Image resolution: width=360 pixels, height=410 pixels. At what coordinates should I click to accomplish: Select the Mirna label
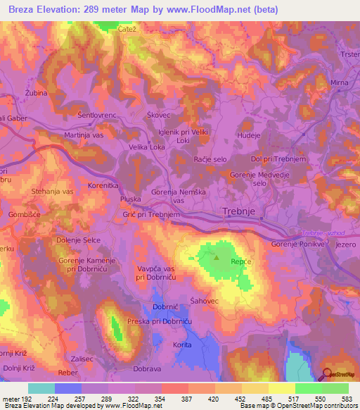(339, 82)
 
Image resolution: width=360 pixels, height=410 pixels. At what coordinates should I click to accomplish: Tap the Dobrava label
(148, 368)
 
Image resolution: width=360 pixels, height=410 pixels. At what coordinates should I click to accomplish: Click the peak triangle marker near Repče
(217, 258)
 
